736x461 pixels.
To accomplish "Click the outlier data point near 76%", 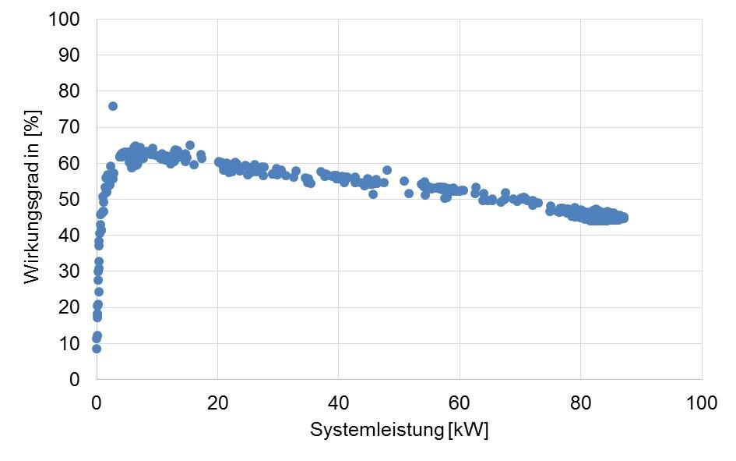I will click(113, 106).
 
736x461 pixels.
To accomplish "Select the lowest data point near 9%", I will click(97, 349).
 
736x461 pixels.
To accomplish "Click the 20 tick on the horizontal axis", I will click(217, 402).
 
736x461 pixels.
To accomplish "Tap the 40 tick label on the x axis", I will click(338, 402).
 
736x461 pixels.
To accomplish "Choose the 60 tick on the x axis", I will click(460, 402).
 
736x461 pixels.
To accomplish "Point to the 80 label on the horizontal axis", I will click(580, 402).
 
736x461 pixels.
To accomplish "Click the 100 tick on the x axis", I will click(701, 402).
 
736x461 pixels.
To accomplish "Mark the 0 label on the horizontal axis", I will click(97, 402).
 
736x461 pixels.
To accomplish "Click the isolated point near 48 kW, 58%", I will click(387, 170).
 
